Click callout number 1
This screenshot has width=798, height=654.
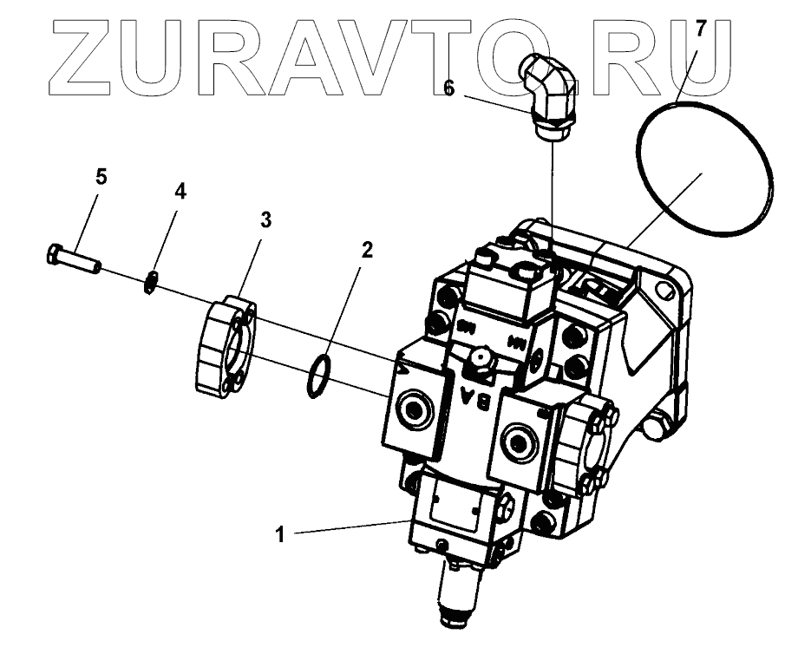pyautogui.click(x=279, y=534)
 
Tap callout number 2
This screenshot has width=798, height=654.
pyautogui.click(x=367, y=251)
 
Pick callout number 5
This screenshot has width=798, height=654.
pyautogui.click(x=101, y=177)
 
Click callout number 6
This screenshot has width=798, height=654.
pyautogui.click(x=449, y=88)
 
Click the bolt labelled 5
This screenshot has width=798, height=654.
pyautogui.click(x=73, y=258)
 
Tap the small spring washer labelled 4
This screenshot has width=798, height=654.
pyautogui.click(x=151, y=283)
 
